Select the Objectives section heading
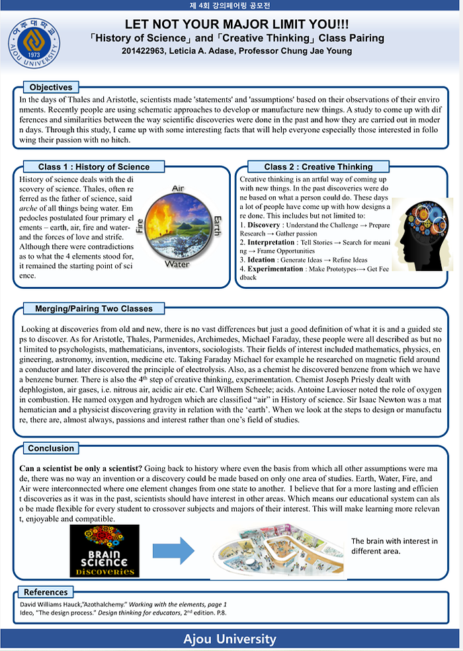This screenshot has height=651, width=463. pos(51,87)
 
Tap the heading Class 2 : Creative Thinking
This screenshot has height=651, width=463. pos(318,167)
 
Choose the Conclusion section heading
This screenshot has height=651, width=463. pos(51,448)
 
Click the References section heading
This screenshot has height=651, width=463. pos(46,592)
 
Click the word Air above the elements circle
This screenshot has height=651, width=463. pos(178,188)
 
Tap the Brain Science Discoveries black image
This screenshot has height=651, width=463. pos(105,551)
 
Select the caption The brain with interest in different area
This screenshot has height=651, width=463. pos(394,546)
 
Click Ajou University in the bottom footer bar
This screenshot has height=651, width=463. pos(230,639)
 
